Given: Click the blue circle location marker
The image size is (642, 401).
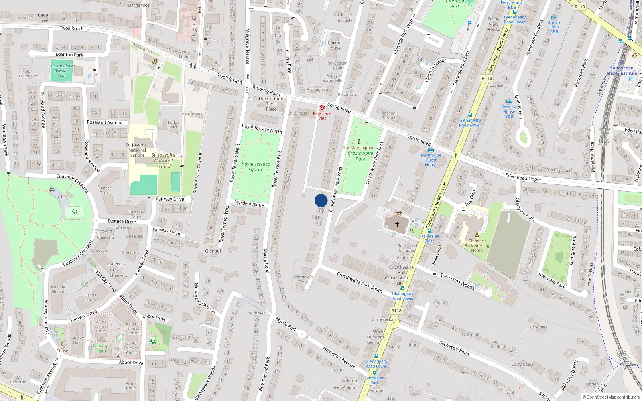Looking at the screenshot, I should click(321, 200).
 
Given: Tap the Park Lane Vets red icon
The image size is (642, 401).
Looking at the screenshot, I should click(322, 107).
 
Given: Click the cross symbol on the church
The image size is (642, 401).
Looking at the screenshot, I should click(397, 225).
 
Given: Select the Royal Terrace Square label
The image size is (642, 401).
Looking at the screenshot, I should click(256, 166).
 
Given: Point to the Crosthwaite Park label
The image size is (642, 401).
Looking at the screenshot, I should click(360, 156).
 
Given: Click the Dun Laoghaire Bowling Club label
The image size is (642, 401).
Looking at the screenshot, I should click(61, 71).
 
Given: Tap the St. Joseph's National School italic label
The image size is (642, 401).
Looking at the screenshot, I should click(163, 160).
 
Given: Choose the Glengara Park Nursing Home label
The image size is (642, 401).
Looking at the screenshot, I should click(477, 245).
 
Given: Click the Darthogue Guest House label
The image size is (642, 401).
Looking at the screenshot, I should click(431, 160).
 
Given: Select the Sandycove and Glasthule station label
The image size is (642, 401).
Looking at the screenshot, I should click(622, 71).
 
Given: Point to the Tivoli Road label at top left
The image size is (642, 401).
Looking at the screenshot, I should click(71, 28).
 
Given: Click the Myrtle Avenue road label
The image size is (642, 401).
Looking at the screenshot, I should click(249, 204).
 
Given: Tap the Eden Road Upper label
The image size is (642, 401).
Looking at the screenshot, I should click(523, 177).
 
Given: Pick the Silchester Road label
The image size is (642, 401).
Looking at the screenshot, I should click(454, 348).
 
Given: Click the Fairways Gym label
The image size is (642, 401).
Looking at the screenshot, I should click(102, 348).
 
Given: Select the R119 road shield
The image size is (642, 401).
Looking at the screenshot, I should click(580, 7).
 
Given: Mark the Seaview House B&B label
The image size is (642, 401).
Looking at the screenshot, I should click(509, 111).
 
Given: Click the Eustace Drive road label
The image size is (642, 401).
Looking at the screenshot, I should click(122, 221).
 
